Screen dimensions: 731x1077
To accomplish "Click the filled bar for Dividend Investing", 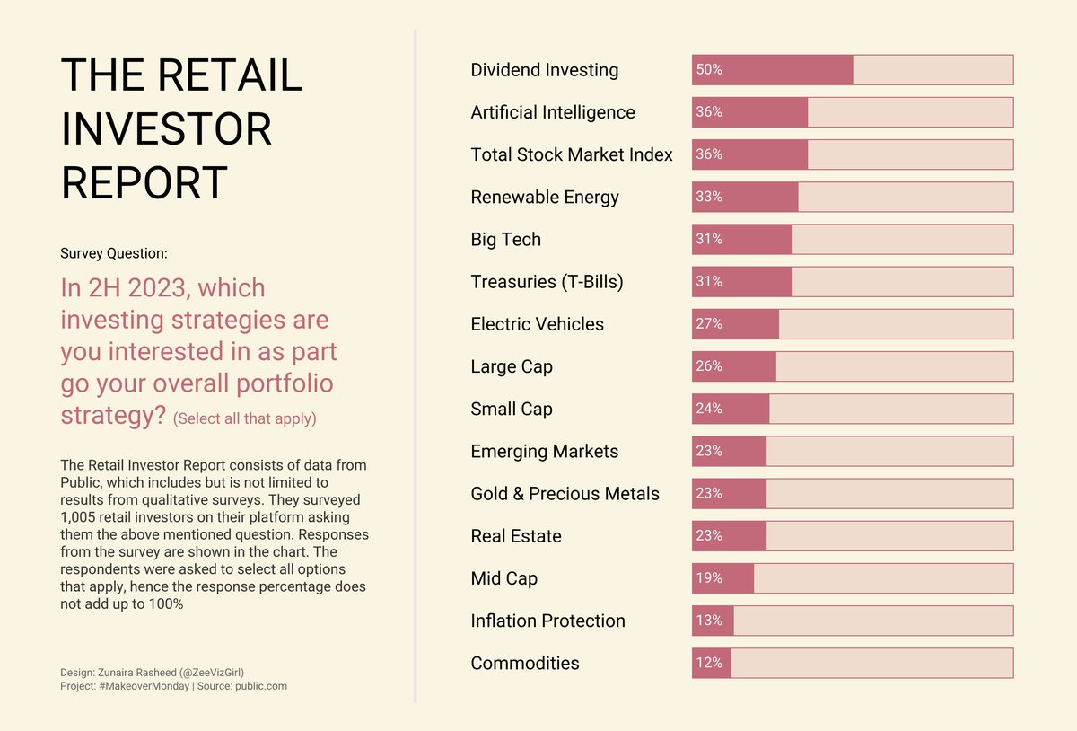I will click(772, 70).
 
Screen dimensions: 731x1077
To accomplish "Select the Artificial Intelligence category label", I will click(552, 112).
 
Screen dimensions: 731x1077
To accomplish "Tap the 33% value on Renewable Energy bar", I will click(708, 197).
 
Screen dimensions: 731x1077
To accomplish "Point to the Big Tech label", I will click(505, 240).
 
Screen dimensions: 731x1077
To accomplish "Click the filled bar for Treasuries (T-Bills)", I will click(742, 282).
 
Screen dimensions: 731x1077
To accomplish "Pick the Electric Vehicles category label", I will click(537, 324).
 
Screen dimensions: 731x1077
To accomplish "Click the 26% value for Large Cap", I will click(708, 366).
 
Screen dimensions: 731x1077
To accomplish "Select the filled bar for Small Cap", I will click(731, 409).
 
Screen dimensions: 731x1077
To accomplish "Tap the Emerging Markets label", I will click(544, 452).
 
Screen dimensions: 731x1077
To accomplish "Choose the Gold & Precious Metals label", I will click(565, 494).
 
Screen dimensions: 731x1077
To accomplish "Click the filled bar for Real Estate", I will click(729, 536).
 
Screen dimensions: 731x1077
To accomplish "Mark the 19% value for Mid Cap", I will click(708, 578).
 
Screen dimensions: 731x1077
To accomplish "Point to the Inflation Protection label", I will click(547, 621).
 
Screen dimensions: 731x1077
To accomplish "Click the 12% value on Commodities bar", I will click(708, 663).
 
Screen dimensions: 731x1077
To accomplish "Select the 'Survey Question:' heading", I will click(114, 254).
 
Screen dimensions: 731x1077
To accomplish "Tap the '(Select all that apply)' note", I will click(244, 419).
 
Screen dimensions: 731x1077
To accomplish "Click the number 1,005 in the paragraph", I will click(79, 518).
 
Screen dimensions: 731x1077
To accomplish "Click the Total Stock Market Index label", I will click(571, 154).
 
